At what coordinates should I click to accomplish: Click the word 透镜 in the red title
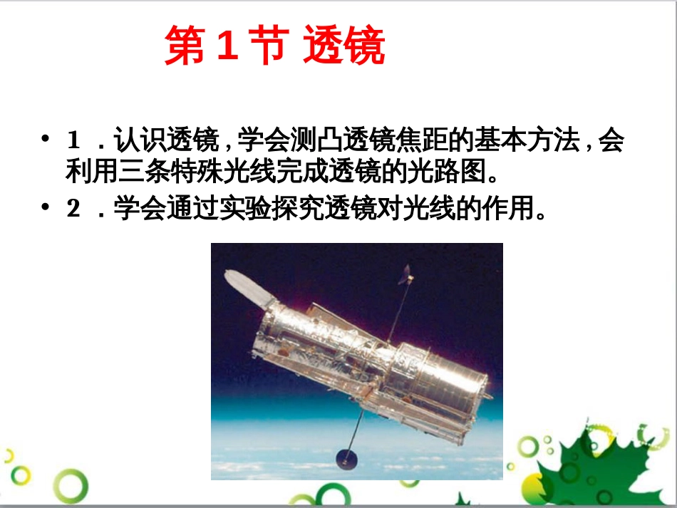(x=343, y=48)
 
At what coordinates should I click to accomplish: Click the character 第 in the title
(x=185, y=48)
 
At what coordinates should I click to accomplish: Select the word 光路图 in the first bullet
(x=445, y=172)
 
